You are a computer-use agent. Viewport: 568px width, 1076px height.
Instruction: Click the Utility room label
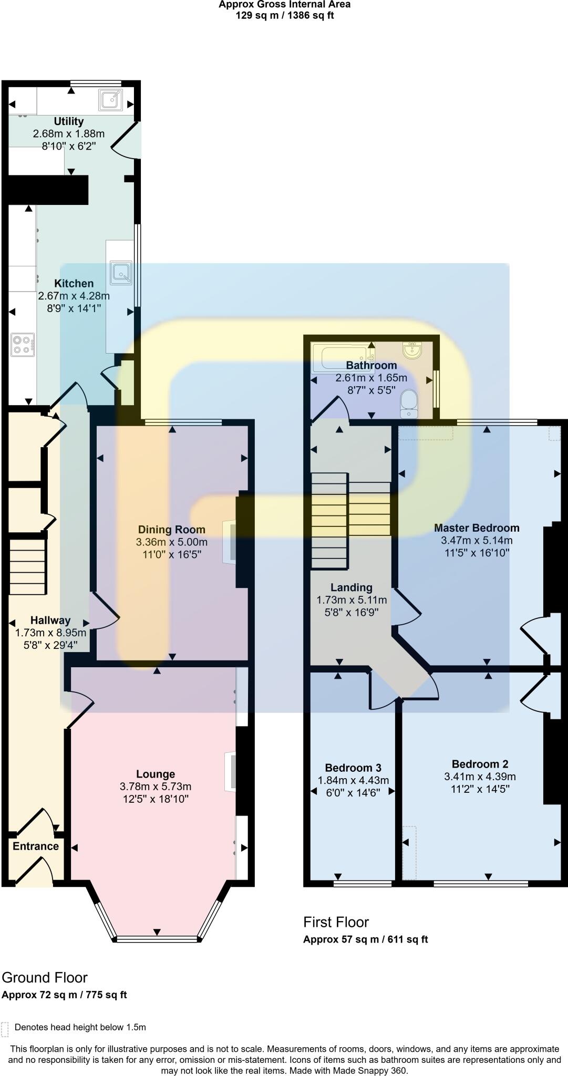[x=69, y=121]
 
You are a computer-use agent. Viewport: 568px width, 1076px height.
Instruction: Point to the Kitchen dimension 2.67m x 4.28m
[x=74, y=296]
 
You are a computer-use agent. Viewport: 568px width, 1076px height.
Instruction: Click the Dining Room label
[x=171, y=530]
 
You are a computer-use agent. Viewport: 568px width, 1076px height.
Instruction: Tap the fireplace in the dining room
[x=229, y=542]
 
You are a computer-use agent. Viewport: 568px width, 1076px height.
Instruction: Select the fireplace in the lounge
[x=230, y=771]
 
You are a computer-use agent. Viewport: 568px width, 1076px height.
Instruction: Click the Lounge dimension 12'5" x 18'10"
[x=156, y=799]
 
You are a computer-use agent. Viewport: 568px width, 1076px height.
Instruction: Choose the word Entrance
[x=36, y=846]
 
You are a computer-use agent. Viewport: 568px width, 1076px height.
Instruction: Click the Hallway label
[x=50, y=620]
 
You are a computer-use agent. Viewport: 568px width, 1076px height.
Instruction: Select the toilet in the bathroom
[x=408, y=402]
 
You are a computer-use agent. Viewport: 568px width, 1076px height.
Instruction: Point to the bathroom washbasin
[x=412, y=350]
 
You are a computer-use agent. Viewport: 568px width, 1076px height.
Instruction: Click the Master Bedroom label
[x=477, y=528]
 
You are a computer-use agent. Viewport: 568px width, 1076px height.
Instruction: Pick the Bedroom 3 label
[x=353, y=768]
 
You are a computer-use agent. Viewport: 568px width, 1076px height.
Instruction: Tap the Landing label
[x=352, y=587]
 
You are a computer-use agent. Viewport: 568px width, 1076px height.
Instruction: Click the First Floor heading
[x=336, y=922]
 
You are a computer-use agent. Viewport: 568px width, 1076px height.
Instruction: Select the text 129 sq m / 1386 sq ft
[x=284, y=15]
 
